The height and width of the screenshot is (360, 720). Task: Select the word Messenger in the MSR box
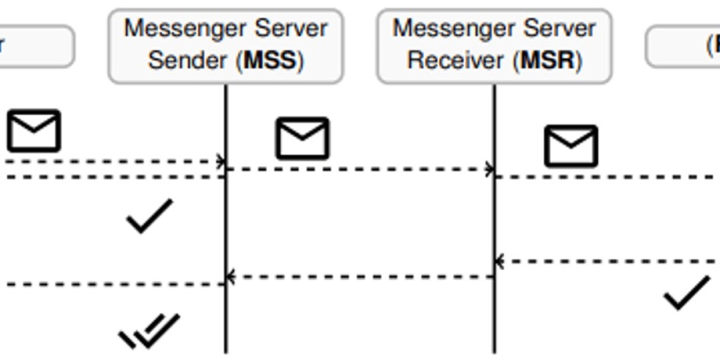[x=454, y=29]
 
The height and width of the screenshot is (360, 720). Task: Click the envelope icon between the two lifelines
[x=302, y=139]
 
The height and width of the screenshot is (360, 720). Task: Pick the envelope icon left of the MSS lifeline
[x=34, y=130]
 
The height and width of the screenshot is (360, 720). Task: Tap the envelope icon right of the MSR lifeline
[x=571, y=146]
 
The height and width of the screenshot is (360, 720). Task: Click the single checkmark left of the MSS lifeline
[x=149, y=216]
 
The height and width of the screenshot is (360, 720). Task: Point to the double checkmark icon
[x=149, y=331]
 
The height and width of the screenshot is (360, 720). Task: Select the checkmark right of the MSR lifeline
[x=686, y=292]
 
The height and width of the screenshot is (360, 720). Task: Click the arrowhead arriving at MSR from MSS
[x=491, y=170]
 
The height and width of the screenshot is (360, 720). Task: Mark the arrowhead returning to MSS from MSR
[x=230, y=277]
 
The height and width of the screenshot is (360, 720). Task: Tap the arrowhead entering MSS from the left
[x=221, y=161]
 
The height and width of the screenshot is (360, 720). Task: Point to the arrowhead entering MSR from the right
[x=499, y=262]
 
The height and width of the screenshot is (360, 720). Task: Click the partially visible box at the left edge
[x=36, y=46]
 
